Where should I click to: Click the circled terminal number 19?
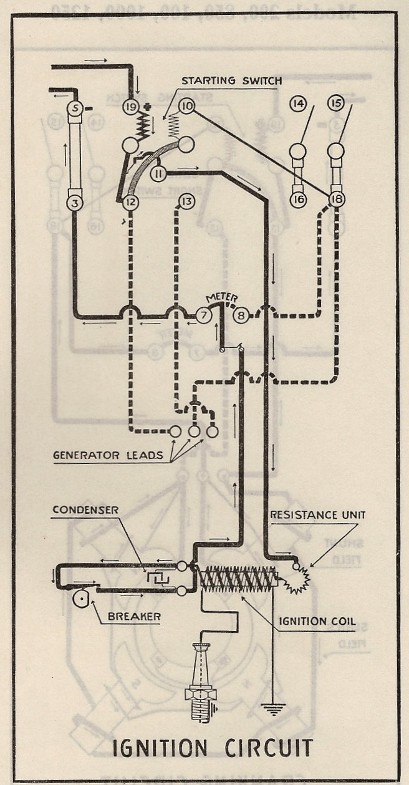click(x=130, y=106)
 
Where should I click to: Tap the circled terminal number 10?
click(x=186, y=106)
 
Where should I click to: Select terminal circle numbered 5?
click(x=75, y=108)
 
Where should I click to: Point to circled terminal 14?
click(x=299, y=104)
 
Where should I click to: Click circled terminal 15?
click(x=336, y=104)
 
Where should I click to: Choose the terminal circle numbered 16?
click(x=299, y=200)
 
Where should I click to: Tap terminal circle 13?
click(x=186, y=201)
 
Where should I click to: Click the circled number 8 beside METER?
click(x=242, y=315)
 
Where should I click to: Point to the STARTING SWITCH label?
click(x=232, y=81)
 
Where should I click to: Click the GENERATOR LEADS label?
click(x=107, y=456)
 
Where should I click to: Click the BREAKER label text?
click(x=133, y=617)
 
